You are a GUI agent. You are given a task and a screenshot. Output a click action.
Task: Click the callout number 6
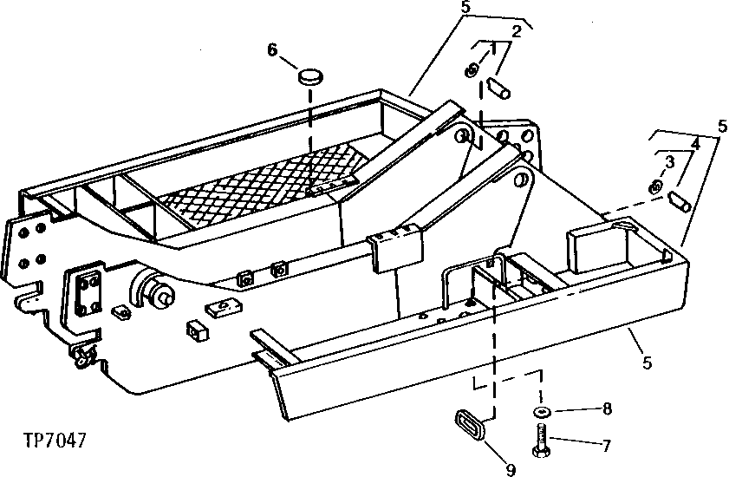point(272,51)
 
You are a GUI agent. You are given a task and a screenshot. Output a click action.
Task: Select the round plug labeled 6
point(309,77)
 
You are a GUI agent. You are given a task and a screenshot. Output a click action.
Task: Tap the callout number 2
point(517,33)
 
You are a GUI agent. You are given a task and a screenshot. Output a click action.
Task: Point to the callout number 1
point(492,48)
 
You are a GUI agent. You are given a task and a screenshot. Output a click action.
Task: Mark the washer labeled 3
point(656,187)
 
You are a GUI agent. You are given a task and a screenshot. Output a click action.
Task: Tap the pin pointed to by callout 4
point(679,202)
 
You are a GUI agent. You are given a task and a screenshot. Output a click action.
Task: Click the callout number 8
point(607,407)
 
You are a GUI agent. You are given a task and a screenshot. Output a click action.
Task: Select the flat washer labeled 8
point(543,411)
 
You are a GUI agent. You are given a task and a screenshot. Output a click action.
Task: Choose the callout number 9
point(511,470)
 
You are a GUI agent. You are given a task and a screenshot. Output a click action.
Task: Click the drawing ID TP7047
point(56,440)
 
